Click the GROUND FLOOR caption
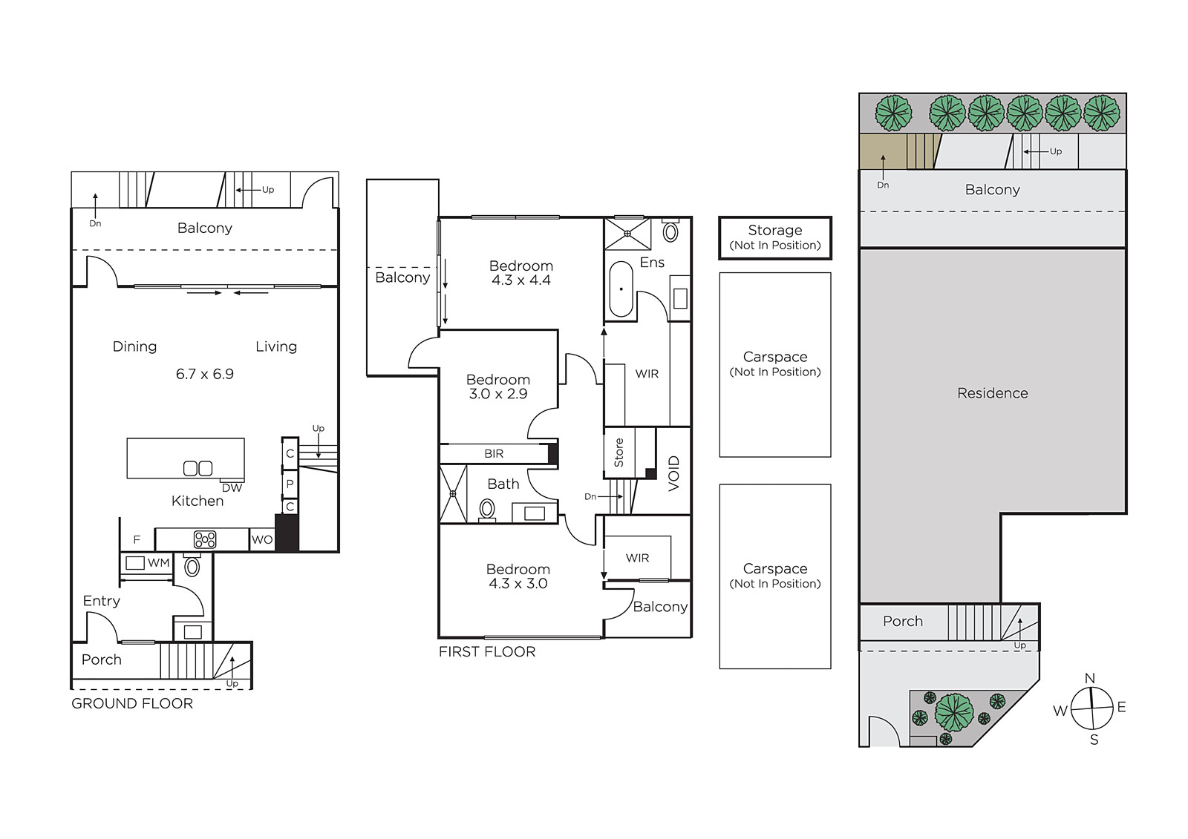(132, 704)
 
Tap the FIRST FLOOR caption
(487, 652)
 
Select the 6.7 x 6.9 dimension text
(205, 374)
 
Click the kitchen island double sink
(198, 469)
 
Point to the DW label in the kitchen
(232, 488)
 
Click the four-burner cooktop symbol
(205, 539)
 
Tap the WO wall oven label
(262, 539)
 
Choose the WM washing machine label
(159, 563)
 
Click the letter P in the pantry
(290, 484)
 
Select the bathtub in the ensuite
(621, 289)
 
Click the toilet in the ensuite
(670, 231)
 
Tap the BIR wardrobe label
(494, 454)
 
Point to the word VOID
(673, 473)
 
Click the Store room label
(619, 453)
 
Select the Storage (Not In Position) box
(775, 238)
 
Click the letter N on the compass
(1090, 679)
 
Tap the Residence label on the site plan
(992, 393)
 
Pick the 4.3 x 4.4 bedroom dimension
(521, 280)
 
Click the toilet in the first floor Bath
(487, 510)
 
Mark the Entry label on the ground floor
(101, 601)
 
